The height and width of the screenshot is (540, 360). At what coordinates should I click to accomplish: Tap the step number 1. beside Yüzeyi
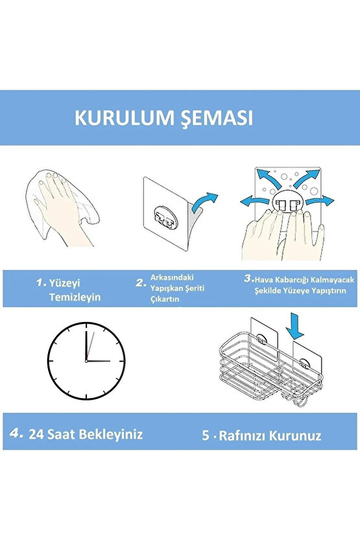click(x=42, y=282)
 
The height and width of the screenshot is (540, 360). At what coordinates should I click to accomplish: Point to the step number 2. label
click(x=140, y=282)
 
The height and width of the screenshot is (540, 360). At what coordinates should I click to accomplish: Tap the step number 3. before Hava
click(x=248, y=278)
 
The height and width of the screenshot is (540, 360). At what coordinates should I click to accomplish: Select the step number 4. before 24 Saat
click(x=18, y=433)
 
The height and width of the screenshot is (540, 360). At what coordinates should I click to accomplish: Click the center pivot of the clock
click(x=86, y=360)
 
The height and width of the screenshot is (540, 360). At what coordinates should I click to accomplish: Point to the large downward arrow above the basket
click(x=296, y=325)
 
